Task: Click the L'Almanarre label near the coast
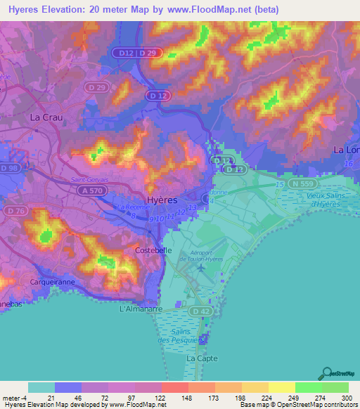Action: point(141,309)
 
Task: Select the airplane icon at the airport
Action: point(202,267)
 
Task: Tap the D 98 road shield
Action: point(10,169)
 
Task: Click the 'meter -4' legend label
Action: point(14,398)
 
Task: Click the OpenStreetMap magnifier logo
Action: point(327,373)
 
